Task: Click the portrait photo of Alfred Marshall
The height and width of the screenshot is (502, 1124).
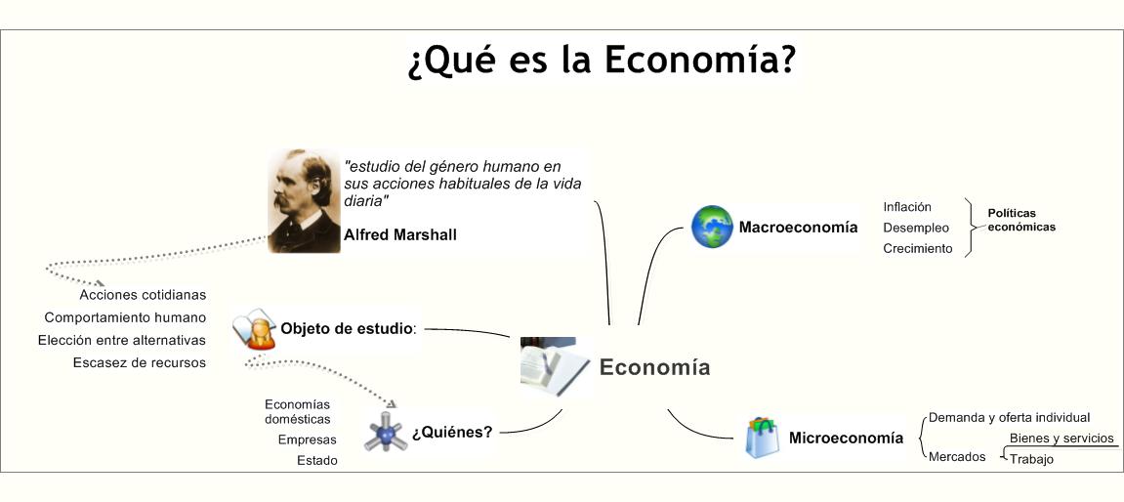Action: pos(304,201)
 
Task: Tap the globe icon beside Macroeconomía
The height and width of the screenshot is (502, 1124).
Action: pos(712,227)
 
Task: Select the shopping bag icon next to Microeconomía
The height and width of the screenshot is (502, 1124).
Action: pos(762,437)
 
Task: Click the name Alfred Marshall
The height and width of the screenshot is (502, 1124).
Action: pos(399,235)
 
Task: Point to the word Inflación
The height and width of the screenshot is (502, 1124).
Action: pos(907,207)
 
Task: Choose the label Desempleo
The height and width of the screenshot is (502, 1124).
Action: pos(916,228)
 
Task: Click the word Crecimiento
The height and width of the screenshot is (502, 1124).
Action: pos(917,248)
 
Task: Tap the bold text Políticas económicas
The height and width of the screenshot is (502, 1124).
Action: pos(1020,220)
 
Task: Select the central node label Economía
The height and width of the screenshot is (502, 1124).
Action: pos(654,367)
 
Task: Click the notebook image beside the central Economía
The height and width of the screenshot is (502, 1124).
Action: pos(554,366)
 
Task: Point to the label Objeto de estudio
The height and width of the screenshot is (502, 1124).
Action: pos(348,328)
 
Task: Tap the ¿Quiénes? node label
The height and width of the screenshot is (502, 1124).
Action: pos(451,432)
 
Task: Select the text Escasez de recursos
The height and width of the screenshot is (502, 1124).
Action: pos(140,362)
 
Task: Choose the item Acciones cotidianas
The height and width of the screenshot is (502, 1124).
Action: pos(143,294)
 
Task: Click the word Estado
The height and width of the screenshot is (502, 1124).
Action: pos(317,460)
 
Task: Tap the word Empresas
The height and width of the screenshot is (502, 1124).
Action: pos(307,439)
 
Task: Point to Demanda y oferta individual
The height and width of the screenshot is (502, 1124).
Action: pos(1009,417)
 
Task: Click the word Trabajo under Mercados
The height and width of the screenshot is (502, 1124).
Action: pos(1031,459)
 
